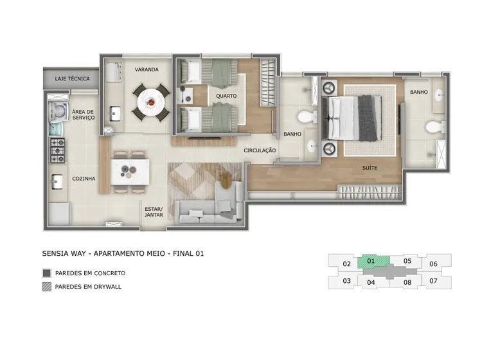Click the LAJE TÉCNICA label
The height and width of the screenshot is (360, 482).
pos(72,78)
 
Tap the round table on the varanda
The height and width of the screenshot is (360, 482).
pos(150,102)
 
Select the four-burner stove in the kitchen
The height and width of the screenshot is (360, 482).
pos(58,150)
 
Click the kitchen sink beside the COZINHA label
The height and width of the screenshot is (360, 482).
pos(57,181)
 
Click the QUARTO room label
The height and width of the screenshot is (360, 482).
pos(226,96)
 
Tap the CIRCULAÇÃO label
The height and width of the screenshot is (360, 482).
pos(260,150)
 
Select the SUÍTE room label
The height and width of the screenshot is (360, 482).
pos(370,168)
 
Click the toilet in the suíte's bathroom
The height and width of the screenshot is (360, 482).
pos(435,127)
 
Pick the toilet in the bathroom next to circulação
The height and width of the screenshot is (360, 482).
pos(307,117)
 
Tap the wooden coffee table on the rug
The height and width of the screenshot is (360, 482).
pos(226,181)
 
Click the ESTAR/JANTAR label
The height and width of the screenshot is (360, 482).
pos(154,212)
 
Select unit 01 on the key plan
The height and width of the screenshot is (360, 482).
pos(373,262)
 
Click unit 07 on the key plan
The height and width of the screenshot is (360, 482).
pos(433,281)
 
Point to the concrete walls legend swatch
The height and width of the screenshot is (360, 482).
pos(47,273)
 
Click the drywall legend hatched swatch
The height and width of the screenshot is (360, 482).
pos(47,287)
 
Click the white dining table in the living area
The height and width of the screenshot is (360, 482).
pos(130,172)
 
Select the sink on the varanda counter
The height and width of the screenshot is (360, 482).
pos(114,114)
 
